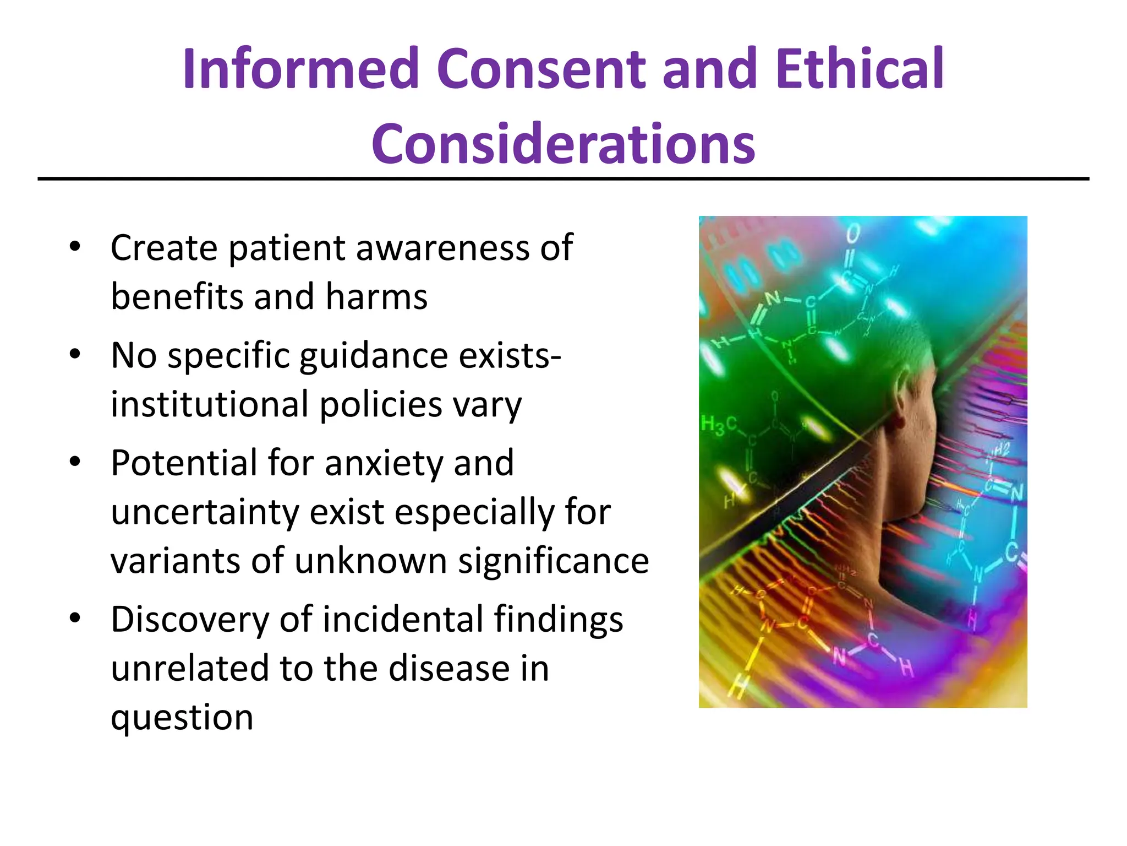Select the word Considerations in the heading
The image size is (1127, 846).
click(x=563, y=144)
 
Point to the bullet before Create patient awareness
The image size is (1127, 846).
click(x=75, y=246)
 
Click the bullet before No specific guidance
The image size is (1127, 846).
click(x=75, y=354)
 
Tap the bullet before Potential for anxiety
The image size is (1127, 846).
click(x=75, y=461)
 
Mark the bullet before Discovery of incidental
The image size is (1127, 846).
click(x=75, y=617)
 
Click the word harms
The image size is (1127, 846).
click(x=376, y=297)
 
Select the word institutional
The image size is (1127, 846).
click(x=210, y=404)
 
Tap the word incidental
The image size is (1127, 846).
click(x=402, y=619)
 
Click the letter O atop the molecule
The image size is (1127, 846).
click(x=852, y=234)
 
